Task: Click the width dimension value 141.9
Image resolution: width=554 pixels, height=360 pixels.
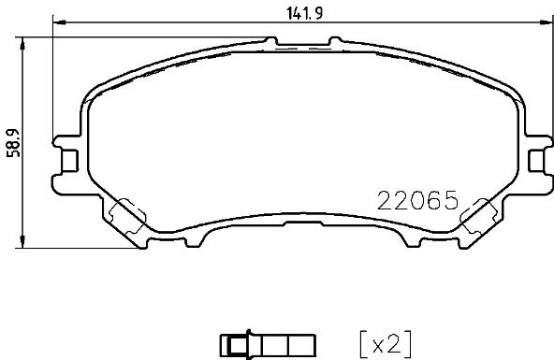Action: click(304, 13)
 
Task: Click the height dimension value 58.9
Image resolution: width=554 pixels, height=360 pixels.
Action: click(15, 142)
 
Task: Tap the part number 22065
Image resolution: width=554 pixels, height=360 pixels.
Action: click(418, 200)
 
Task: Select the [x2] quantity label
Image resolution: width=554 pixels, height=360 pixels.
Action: click(386, 344)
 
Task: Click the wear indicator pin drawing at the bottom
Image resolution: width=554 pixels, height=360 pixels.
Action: click(268, 344)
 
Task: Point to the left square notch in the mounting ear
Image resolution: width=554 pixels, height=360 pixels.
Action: click(70, 161)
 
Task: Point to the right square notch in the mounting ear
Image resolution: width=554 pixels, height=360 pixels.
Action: click(536, 161)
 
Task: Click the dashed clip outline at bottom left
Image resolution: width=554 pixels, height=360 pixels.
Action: click(127, 216)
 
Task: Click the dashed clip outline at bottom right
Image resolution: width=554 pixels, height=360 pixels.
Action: click(479, 216)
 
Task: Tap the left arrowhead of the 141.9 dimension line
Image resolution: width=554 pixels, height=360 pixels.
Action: click(59, 22)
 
